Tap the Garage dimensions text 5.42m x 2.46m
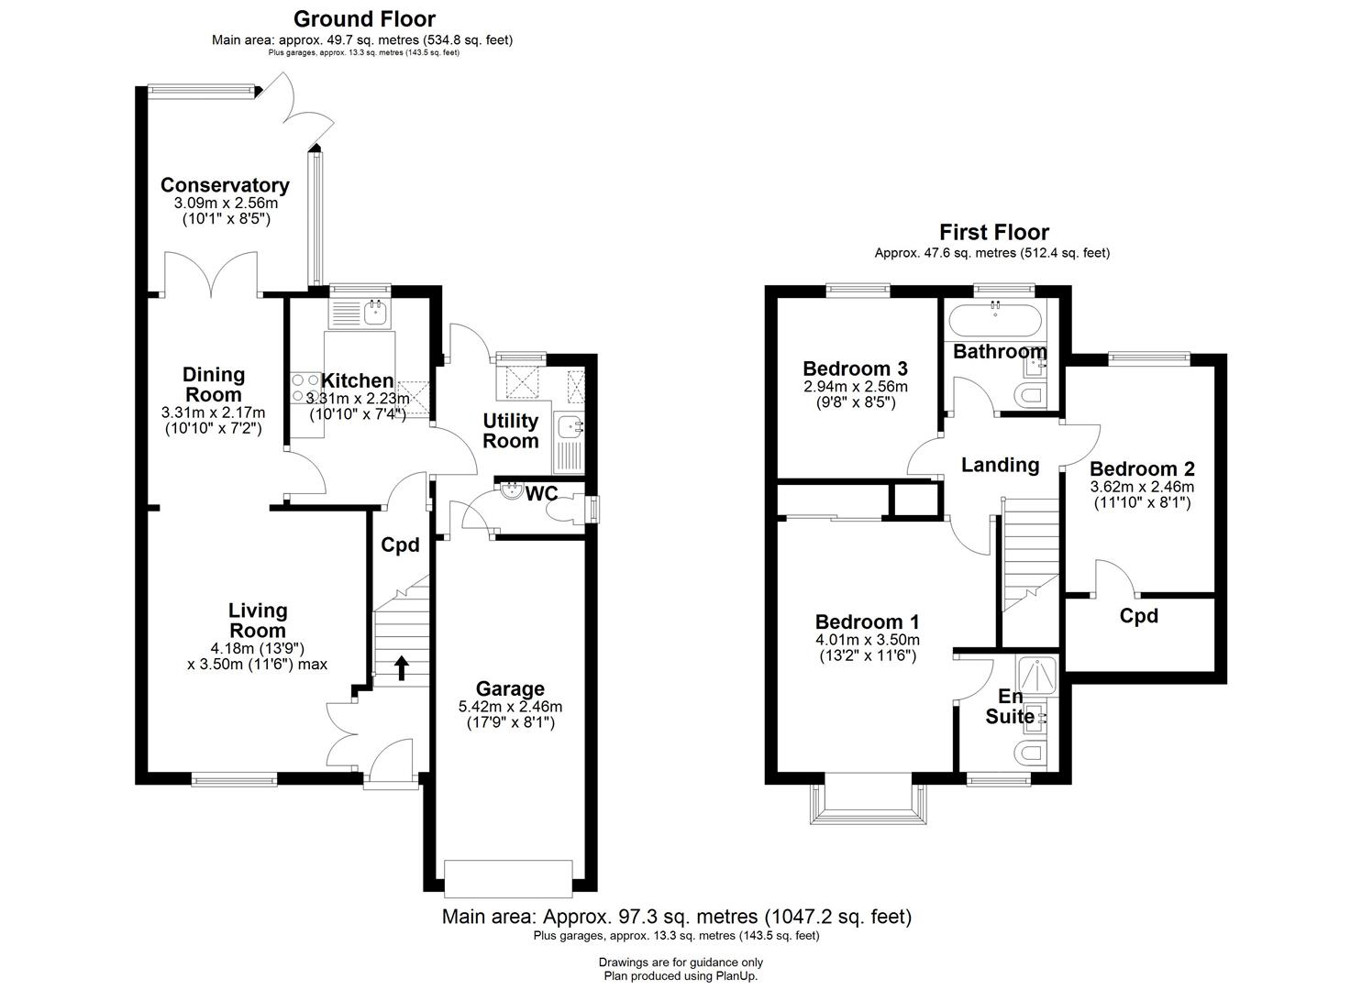(510, 707)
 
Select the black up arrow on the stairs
(401, 666)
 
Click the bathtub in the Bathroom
(995, 321)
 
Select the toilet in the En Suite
(1032, 753)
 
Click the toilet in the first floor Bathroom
(1033, 396)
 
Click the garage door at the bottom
(508, 877)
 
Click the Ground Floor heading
(364, 18)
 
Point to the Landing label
(1000, 465)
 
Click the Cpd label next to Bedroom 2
(1138, 616)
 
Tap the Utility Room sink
(569, 426)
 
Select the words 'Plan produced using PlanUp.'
(681, 976)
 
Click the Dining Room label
(214, 384)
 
